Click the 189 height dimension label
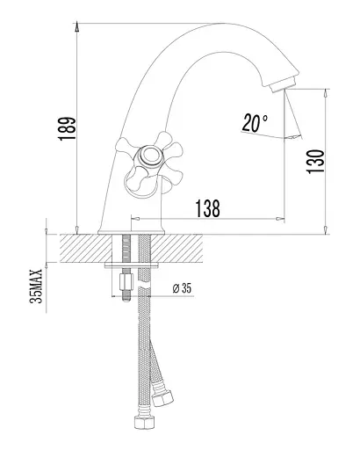tap(68, 129)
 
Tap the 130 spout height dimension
tap(316, 162)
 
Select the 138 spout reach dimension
tap(207, 208)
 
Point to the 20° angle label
tap(255, 123)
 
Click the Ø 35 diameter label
tap(182, 288)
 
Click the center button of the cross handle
tap(150, 156)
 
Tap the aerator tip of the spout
tap(284, 84)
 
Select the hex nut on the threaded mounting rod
tap(126, 281)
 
